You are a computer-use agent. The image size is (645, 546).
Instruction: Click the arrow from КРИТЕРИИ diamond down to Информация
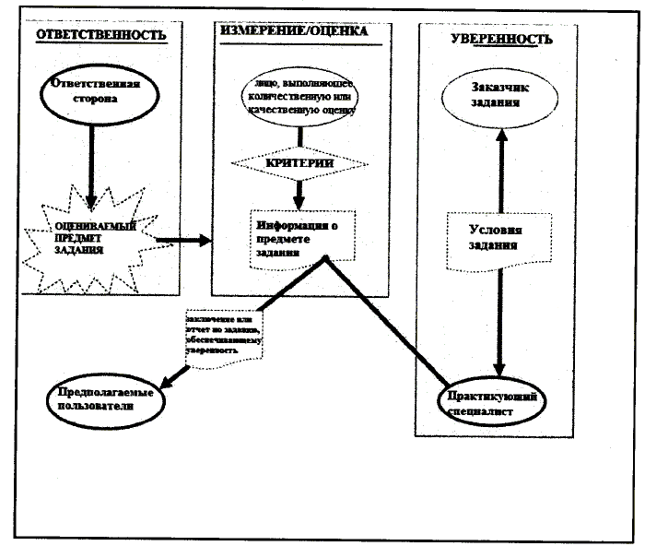298,193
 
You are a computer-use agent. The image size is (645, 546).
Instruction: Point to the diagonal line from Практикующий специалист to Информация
387,323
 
